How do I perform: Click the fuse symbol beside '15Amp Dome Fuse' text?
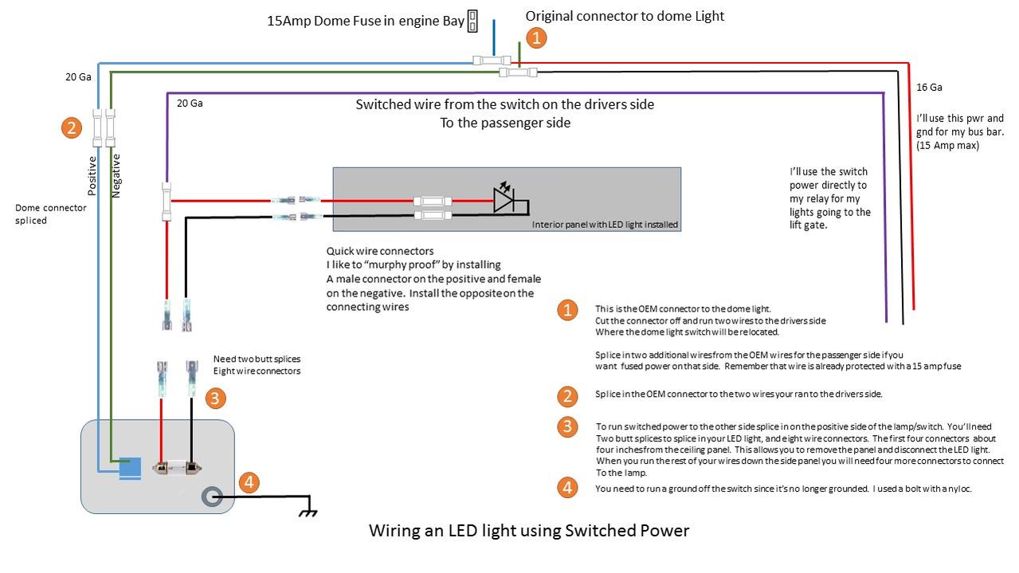click(472, 21)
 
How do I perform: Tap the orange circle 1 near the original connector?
click(536, 37)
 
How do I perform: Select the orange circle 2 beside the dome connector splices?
click(72, 128)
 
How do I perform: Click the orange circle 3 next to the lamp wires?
click(215, 398)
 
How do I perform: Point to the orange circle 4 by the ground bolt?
click(249, 482)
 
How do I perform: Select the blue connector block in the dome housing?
click(130, 469)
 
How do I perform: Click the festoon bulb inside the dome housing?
click(177, 468)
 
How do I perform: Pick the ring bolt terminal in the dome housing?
click(212, 496)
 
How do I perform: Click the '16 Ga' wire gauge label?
click(929, 88)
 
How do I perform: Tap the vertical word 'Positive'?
click(92, 176)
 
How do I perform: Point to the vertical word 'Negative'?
click(116, 176)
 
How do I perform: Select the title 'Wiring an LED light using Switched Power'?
click(528, 531)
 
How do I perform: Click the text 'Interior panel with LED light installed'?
click(605, 225)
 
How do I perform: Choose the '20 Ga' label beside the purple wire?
click(190, 104)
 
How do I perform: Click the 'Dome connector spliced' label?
click(50, 214)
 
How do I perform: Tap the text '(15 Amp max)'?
click(947, 146)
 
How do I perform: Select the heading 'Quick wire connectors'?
click(380, 251)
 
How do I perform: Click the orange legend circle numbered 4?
click(567, 488)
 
